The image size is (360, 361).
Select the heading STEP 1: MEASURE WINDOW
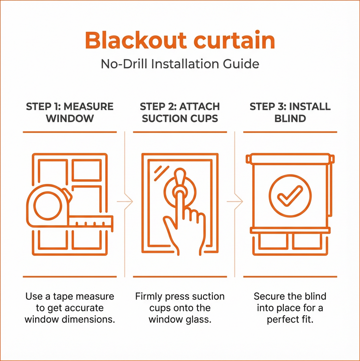[x=69, y=112]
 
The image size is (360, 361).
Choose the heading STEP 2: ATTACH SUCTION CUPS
[x=180, y=112]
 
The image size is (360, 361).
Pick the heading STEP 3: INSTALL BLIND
[x=290, y=112]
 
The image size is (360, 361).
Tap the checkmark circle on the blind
[x=290, y=196]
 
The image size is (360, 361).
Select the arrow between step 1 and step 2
[x=126, y=201]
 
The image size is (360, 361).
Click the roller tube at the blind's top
[x=290, y=159]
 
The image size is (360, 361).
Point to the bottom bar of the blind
[x=290, y=229]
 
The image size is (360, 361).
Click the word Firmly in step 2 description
[x=150, y=296]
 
